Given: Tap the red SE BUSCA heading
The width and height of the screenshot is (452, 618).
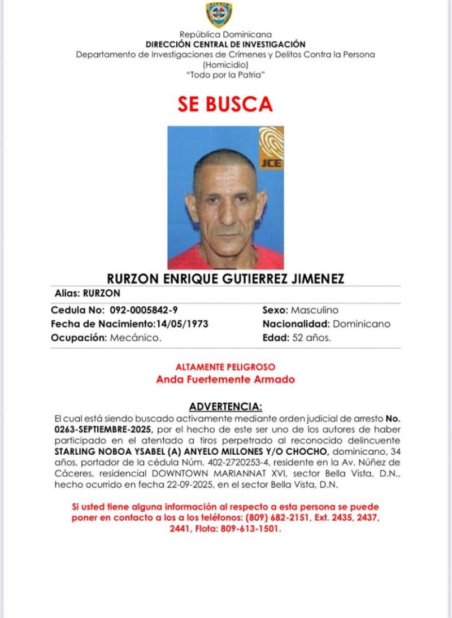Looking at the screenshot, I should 225,104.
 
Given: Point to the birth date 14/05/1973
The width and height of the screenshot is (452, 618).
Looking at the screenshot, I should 182,324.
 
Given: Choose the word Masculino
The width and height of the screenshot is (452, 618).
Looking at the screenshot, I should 315,310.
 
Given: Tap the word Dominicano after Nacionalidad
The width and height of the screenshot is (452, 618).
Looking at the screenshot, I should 362,324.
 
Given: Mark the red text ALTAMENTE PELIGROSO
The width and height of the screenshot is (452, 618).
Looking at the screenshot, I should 225,367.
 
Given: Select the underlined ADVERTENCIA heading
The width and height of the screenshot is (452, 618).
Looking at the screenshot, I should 225,407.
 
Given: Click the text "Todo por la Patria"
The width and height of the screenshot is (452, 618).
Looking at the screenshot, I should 225,75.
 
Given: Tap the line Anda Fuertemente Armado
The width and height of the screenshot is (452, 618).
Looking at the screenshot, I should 225,380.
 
